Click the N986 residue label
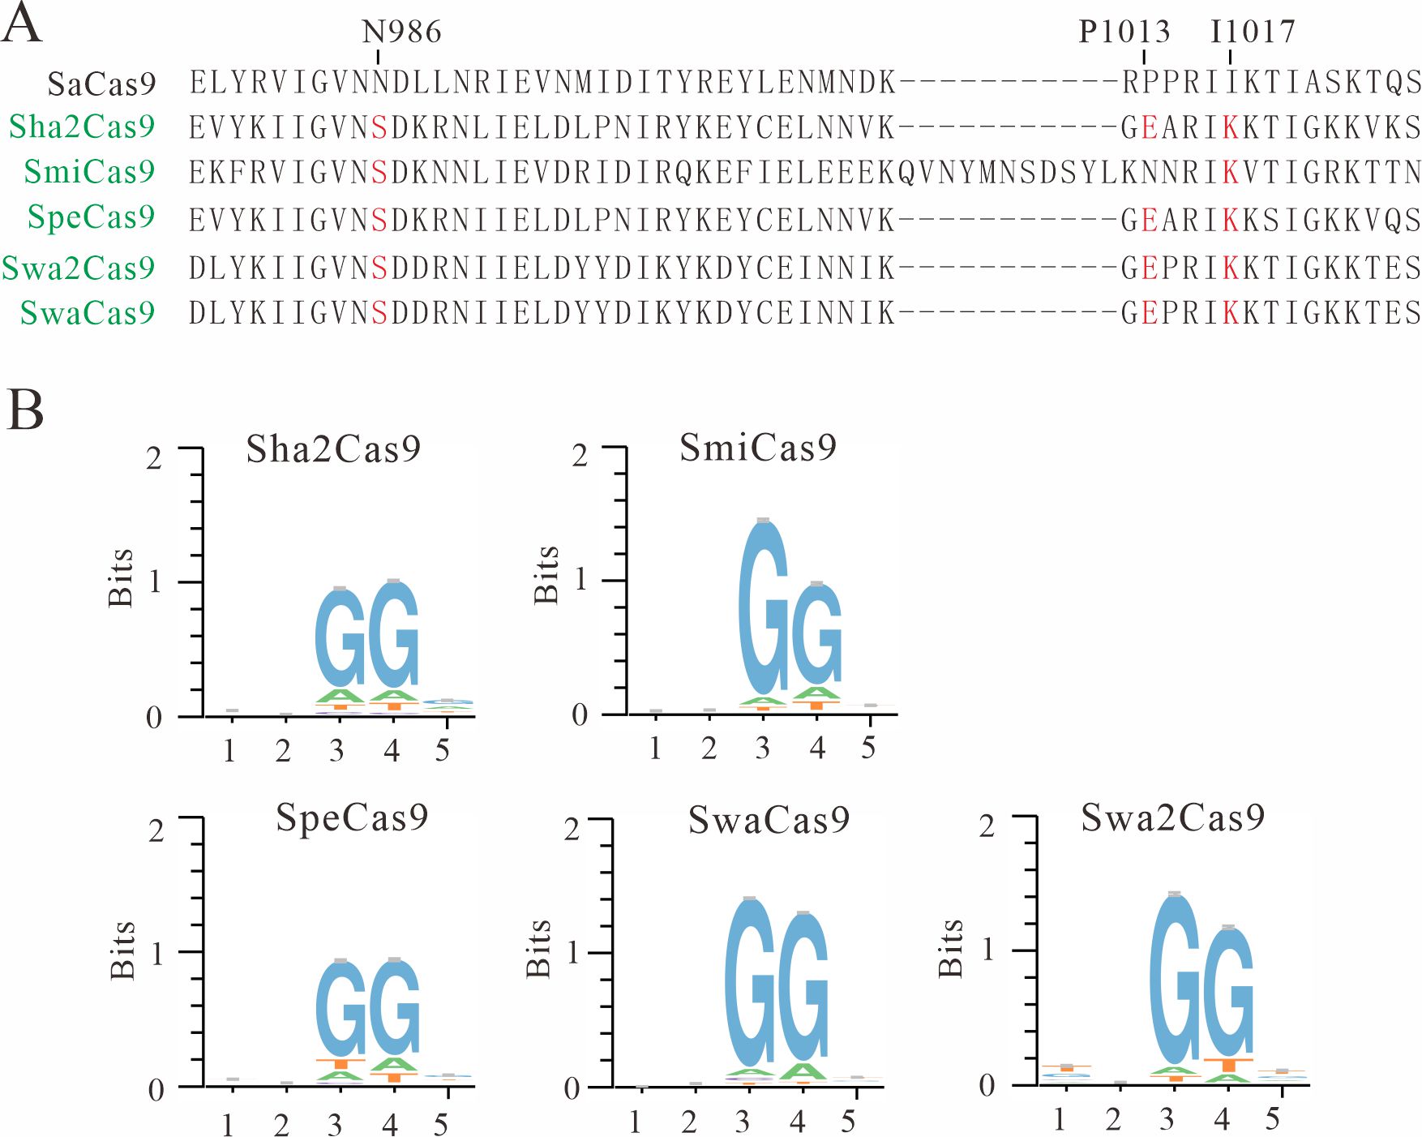coord(401,32)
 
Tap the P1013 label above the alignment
coord(1124,32)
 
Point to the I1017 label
coord(1253,32)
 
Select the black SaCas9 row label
coord(101,84)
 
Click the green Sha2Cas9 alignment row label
coord(82,127)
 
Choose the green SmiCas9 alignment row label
coord(89,172)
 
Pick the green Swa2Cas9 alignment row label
coord(79,268)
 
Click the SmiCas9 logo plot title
coord(757,448)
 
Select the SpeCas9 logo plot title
coord(352,817)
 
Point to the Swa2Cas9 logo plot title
coord(1172,817)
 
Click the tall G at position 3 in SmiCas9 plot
coord(763,608)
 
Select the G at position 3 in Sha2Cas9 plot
coord(341,639)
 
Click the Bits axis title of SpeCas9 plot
coord(122,950)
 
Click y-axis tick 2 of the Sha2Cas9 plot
coord(154,458)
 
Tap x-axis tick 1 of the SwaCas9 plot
coord(635,1122)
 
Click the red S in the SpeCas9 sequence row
coord(379,221)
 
